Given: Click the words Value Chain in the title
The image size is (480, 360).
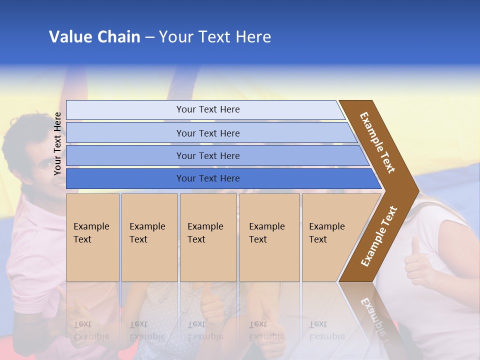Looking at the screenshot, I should (x=94, y=37).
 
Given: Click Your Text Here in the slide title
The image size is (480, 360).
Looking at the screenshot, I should (x=215, y=37).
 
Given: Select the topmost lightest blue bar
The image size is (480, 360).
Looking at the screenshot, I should (x=207, y=109).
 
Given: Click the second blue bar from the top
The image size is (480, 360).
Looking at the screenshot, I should (x=207, y=133).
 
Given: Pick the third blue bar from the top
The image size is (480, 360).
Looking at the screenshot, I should (x=207, y=155).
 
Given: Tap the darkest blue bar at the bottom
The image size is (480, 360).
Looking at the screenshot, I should (x=207, y=178).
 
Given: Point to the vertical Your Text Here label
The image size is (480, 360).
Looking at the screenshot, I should (x=57, y=143).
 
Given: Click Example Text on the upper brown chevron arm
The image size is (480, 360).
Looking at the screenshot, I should (x=377, y=142).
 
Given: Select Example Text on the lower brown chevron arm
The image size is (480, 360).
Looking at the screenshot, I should (x=378, y=236).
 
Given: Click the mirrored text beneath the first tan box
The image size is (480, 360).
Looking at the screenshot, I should (x=91, y=330).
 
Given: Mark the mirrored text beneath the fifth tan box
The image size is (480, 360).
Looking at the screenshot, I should (x=326, y=330).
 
